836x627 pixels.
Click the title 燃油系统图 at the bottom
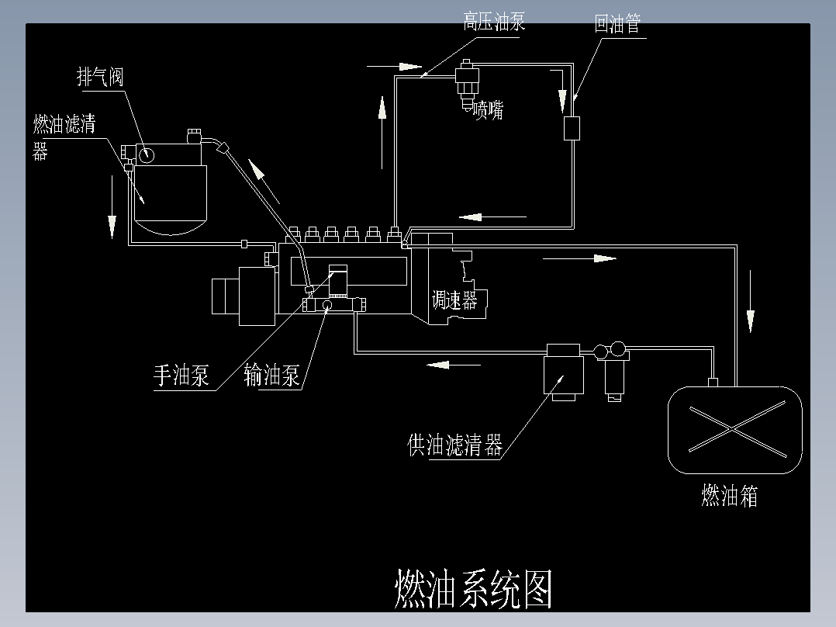(x=474, y=590)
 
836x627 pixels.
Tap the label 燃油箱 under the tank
(x=729, y=495)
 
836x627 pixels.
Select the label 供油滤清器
(x=455, y=445)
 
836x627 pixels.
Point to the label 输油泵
(x=271, y=376)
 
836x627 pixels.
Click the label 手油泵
(x=181, y=376)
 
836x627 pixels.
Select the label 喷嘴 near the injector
(x=489, y=110)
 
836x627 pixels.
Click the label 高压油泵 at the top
(x=494, y=22)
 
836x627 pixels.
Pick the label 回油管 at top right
(x=617, y=24)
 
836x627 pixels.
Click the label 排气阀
(x=100, y=77)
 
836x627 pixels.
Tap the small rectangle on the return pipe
(x=572, y=128)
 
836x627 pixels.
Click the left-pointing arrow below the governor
(x=447, y=363)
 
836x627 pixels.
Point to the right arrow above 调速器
(x=579, y=258)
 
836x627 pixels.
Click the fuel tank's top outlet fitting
(x=714, y=381)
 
